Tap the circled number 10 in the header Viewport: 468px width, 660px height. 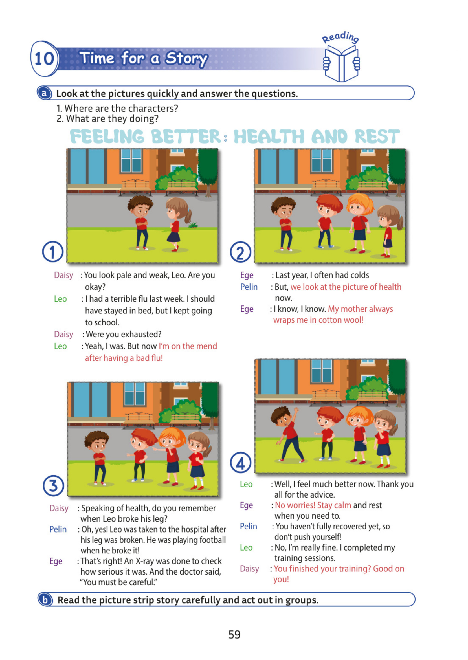point(44,58)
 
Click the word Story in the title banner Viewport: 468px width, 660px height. point(186,59)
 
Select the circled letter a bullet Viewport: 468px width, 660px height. point(44,93)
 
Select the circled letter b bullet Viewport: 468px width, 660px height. point(45,600)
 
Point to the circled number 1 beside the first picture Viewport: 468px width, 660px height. point(53,252)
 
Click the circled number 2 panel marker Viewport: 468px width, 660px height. point(240,252)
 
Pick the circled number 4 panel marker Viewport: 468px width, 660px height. point(240,463)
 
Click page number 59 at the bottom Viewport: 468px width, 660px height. point(234,634)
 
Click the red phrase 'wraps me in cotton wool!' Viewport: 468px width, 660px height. point(318,320)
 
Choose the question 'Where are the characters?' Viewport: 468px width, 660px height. point(121,108)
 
